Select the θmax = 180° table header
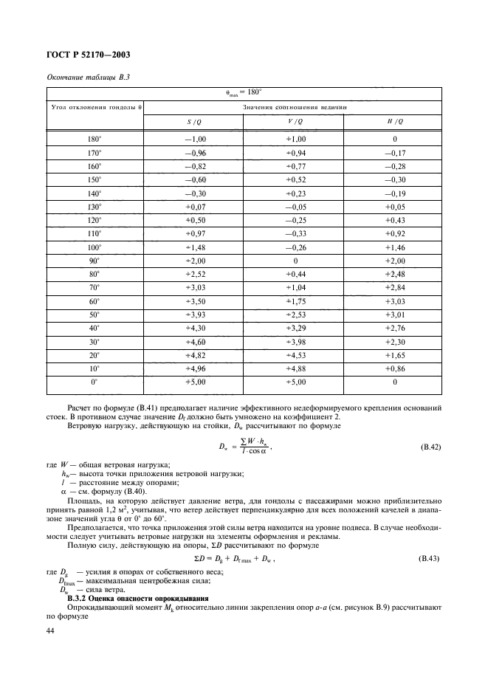point(244,93)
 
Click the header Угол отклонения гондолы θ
point(94,107)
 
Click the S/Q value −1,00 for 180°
point(193,138)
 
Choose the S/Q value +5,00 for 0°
point(193,382)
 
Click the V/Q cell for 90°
point(295,260)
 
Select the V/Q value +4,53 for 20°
point(293,354)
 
